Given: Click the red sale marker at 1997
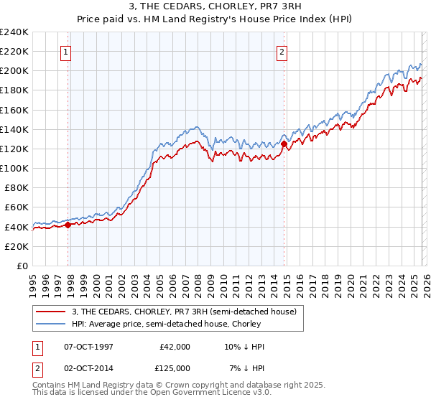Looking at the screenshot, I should [68, 225].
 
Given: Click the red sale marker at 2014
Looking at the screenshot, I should [284, 144].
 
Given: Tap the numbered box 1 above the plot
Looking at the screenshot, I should [66, 51].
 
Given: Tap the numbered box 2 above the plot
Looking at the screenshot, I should [282, 51].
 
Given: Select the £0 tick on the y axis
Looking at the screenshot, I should [22, 266].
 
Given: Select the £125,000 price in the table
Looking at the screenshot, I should [175, 368].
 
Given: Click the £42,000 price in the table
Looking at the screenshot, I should [175, 347].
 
